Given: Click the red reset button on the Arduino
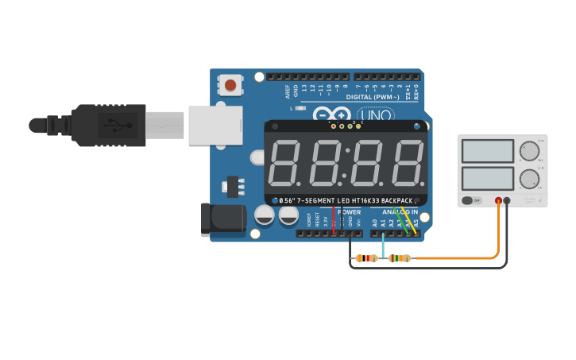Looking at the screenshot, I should click(230, 84).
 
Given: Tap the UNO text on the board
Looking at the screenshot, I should click(378, 114).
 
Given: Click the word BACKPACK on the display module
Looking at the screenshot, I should click(400, 200).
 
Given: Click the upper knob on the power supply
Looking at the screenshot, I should click(528, 150).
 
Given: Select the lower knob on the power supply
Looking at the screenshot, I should click(528, 178).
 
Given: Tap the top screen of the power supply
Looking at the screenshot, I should click(487, 151).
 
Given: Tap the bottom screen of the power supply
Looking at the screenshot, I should click(487, 178).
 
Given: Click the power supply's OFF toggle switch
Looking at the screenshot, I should click(472, 200).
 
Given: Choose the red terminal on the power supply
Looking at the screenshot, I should click(498, 200).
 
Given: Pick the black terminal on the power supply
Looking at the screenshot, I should click(507, 200).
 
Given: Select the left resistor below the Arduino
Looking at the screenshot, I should click(366, 258).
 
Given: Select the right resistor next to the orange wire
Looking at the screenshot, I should click(400, 258).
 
